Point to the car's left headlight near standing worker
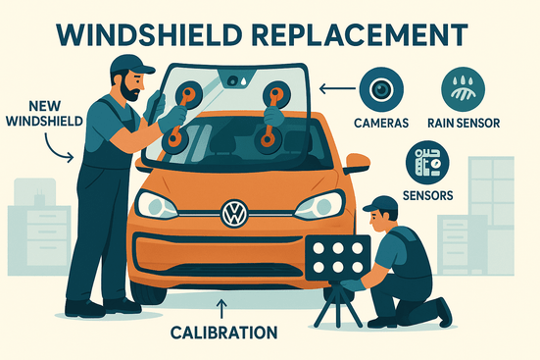click(156, 204)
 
